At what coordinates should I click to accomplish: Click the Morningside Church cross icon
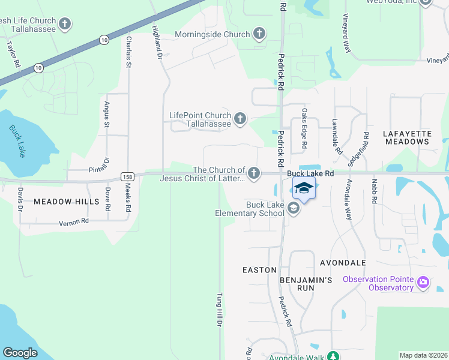click(259, 34)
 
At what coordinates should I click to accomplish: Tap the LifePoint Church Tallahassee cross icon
click(240, 119)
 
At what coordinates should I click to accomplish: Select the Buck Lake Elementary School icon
click(294, 209)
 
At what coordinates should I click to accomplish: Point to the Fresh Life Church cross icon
click(65, 25)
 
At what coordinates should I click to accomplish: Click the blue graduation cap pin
click(304, 188)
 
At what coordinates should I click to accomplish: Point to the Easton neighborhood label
click(259, 270)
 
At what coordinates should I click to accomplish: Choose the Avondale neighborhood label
click(343, 263)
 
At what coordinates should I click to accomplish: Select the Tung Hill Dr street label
click(220, 309)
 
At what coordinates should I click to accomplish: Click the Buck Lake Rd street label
click(309, 173)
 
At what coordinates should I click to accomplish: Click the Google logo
click(20, 353)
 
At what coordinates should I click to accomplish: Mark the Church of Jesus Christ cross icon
click(254, 174)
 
